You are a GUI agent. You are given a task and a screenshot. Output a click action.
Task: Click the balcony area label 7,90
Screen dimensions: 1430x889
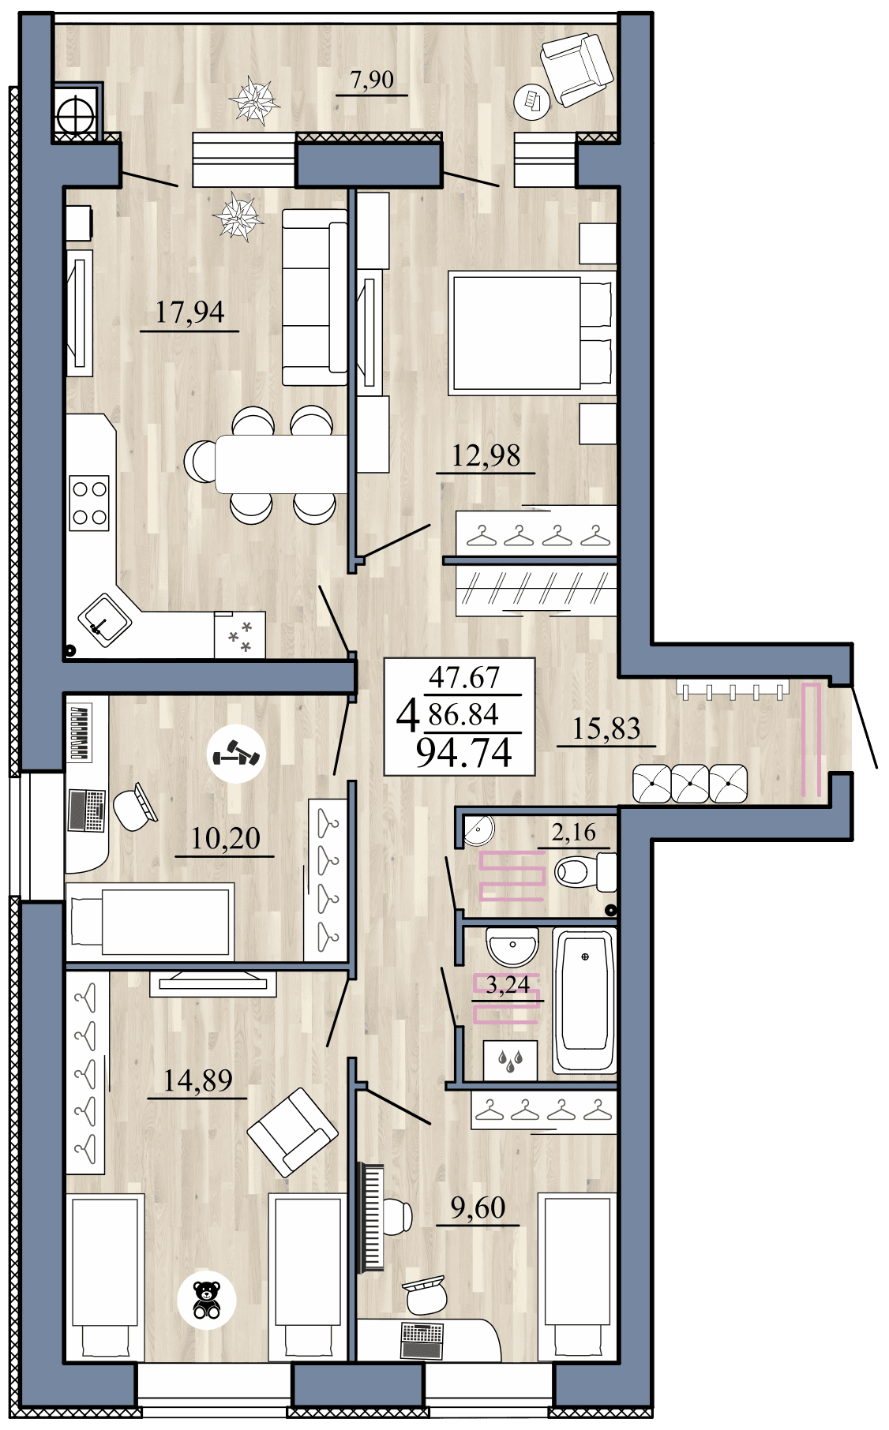coord(371,80)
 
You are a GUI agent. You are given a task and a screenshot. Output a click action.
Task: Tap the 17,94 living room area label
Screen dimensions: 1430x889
coord(189,313)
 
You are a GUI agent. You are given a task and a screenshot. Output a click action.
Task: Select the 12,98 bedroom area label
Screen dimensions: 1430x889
coord(486,455)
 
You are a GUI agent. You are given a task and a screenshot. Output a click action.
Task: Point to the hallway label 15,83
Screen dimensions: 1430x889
coord(606,728)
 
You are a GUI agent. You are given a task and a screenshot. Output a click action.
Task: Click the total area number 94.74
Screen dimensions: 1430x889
coord(464,752)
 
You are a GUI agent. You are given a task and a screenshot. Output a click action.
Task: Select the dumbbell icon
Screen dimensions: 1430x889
coord(236,754)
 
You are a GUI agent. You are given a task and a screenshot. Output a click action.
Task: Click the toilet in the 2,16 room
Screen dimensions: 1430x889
coord(584,872)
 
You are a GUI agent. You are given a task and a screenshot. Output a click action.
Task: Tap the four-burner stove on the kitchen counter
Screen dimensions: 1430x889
coord(88,503)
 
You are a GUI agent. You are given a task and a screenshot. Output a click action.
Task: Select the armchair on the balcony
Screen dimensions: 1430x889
coord(576,68)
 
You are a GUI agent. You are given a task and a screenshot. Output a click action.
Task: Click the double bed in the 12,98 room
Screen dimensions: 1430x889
coord(531,332)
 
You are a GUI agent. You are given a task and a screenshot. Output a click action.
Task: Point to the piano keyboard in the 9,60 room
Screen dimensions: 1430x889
coord(370,1216)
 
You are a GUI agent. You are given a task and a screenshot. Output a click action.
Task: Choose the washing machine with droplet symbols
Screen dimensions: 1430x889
coord(510,1060)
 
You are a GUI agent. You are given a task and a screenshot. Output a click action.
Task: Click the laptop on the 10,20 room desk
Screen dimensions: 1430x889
coord(87,810)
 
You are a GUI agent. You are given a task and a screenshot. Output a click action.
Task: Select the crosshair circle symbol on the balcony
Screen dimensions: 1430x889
coord(75,115)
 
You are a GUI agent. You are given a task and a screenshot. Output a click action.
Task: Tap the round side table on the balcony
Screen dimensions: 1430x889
coord(531,101)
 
